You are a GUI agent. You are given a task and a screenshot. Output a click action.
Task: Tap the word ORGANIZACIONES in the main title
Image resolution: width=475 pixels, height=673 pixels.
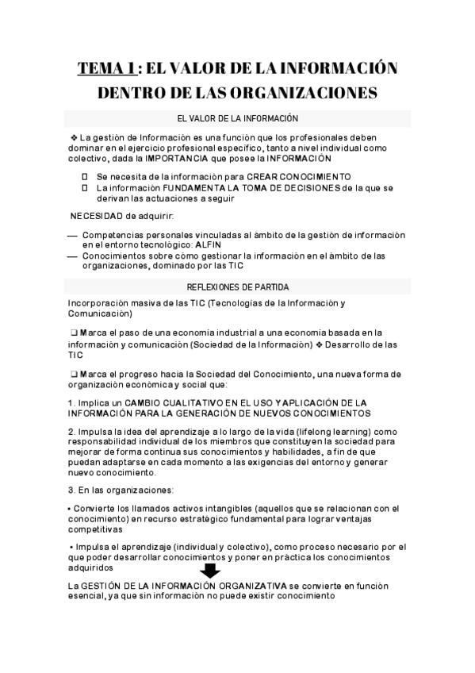(297, 94)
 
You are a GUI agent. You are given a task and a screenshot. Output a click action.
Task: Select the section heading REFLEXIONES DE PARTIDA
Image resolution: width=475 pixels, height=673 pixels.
(238, 286)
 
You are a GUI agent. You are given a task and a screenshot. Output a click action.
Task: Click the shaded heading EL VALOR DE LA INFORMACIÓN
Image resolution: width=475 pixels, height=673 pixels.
(238, 118)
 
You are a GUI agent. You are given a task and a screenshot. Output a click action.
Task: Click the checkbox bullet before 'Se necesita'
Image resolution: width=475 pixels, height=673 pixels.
(85, 176)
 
